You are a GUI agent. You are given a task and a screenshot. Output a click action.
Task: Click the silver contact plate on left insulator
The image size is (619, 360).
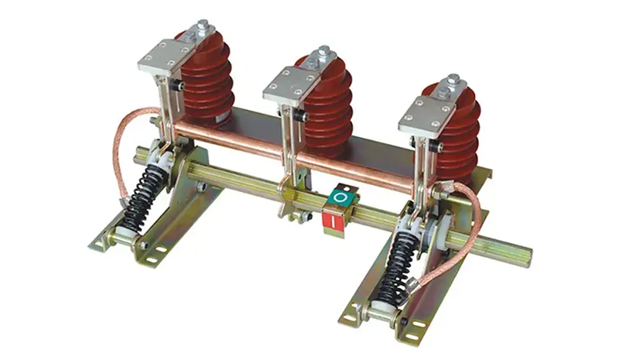click(166, 59)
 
